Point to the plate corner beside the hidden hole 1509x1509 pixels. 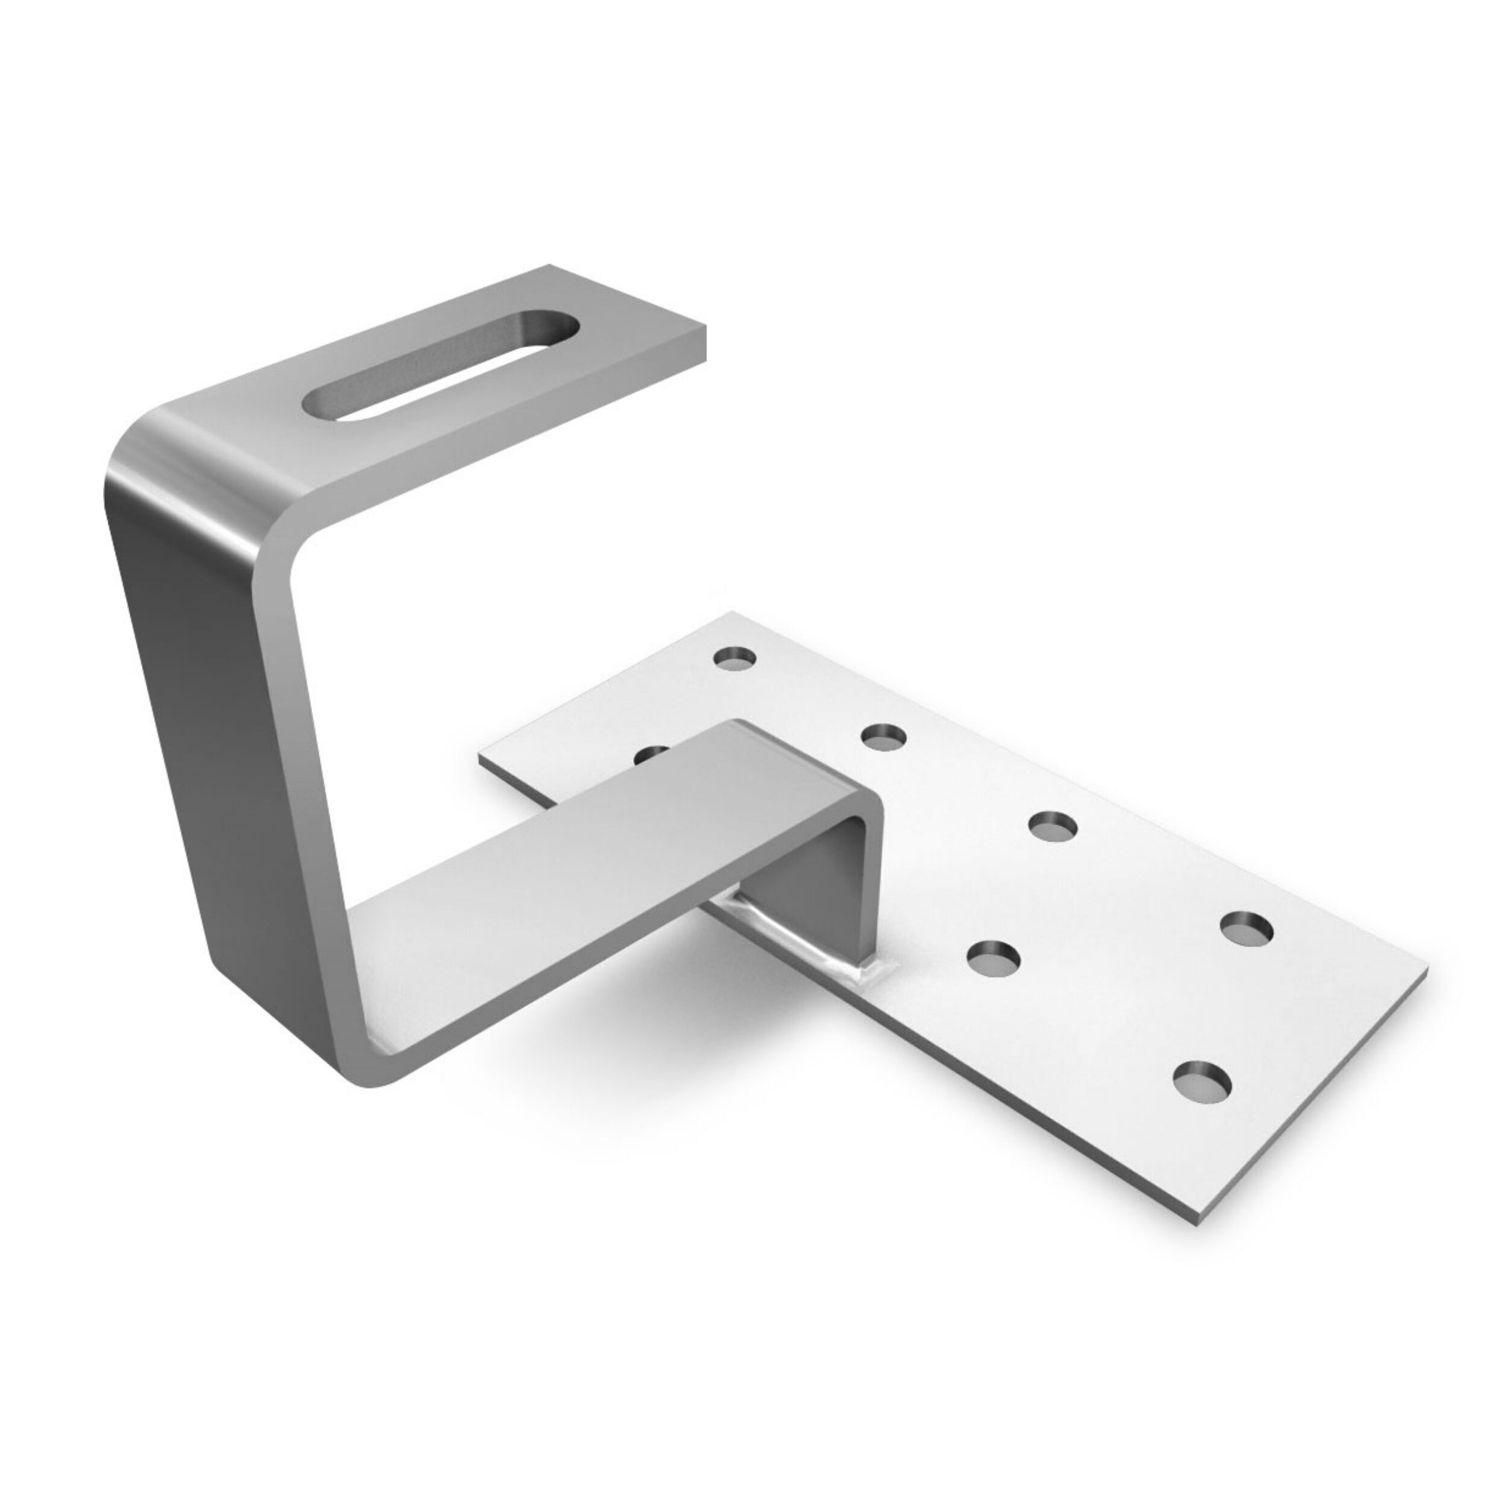click(482, 754)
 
